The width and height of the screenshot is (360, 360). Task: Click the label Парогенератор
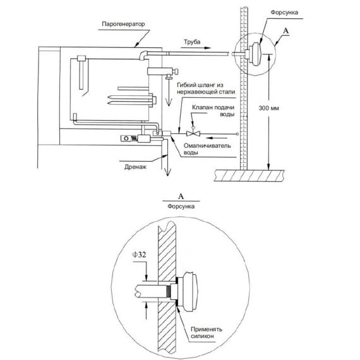click(123, 25)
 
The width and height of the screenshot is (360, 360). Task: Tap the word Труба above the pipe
click(192, 42)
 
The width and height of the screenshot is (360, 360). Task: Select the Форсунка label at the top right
click(284, 13)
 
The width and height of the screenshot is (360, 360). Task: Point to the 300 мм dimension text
click(268, 108)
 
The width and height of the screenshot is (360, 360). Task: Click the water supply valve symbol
click(193, 133)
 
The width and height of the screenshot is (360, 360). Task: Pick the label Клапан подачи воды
click(213, 111)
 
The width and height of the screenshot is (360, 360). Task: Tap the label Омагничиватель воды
click(207, 149)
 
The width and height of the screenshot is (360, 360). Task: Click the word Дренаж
click(135, 167)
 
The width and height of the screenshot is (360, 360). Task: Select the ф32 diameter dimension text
click(139, 255)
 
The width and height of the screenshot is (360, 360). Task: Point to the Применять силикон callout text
click(207, 332)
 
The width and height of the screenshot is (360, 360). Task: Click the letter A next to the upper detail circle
click(285, 31)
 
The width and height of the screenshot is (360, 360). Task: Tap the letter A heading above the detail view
click(181, 196)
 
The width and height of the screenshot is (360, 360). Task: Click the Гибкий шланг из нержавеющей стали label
click(206, 88)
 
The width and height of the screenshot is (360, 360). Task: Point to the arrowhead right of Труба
click(207, 48)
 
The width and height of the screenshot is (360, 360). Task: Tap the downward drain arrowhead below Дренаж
click(167, 172)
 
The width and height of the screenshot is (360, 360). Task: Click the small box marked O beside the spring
click(126, 138)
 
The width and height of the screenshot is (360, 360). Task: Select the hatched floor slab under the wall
click(249, 176)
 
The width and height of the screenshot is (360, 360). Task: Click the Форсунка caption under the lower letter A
click(181, 207)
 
